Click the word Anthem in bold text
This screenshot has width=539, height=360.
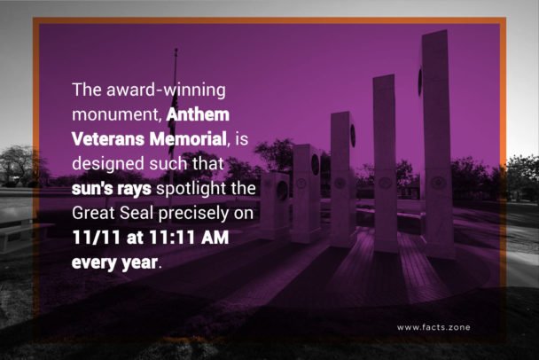click(x=199, y=114)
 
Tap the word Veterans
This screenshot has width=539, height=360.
click(x=105, y=139)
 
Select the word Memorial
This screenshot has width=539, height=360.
click(x=185, y=139)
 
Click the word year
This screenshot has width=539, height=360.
click(x=137, y=263)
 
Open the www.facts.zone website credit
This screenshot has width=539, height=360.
click(x=434, y=327)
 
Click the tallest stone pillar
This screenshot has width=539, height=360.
click(x=435, y=142)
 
